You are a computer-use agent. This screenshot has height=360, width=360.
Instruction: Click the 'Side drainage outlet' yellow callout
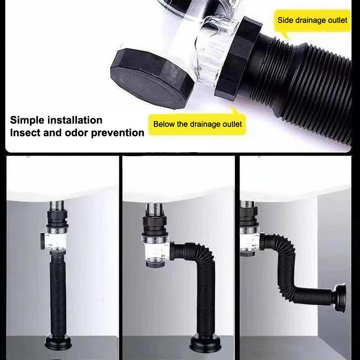[x=312, y=21]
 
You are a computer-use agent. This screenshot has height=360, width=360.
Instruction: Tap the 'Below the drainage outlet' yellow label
[x=198, y=124]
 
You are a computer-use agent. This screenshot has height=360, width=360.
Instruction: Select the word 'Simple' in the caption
[x=28, y=120]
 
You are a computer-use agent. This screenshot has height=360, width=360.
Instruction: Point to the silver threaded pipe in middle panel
[x=153, y=210]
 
